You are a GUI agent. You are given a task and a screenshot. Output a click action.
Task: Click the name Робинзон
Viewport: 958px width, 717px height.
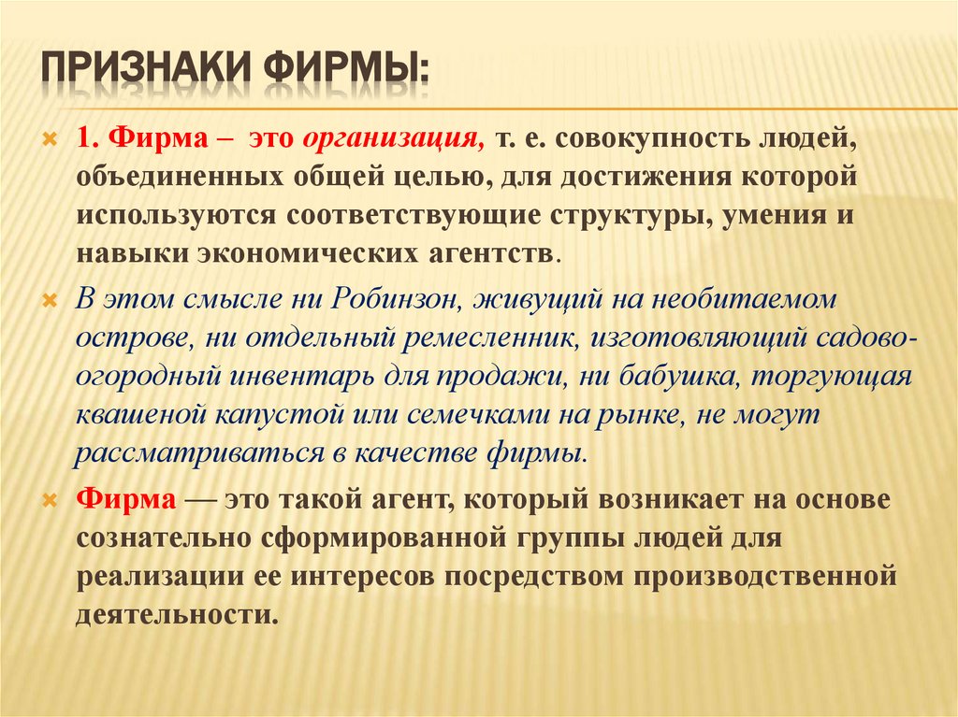(392, 301)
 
